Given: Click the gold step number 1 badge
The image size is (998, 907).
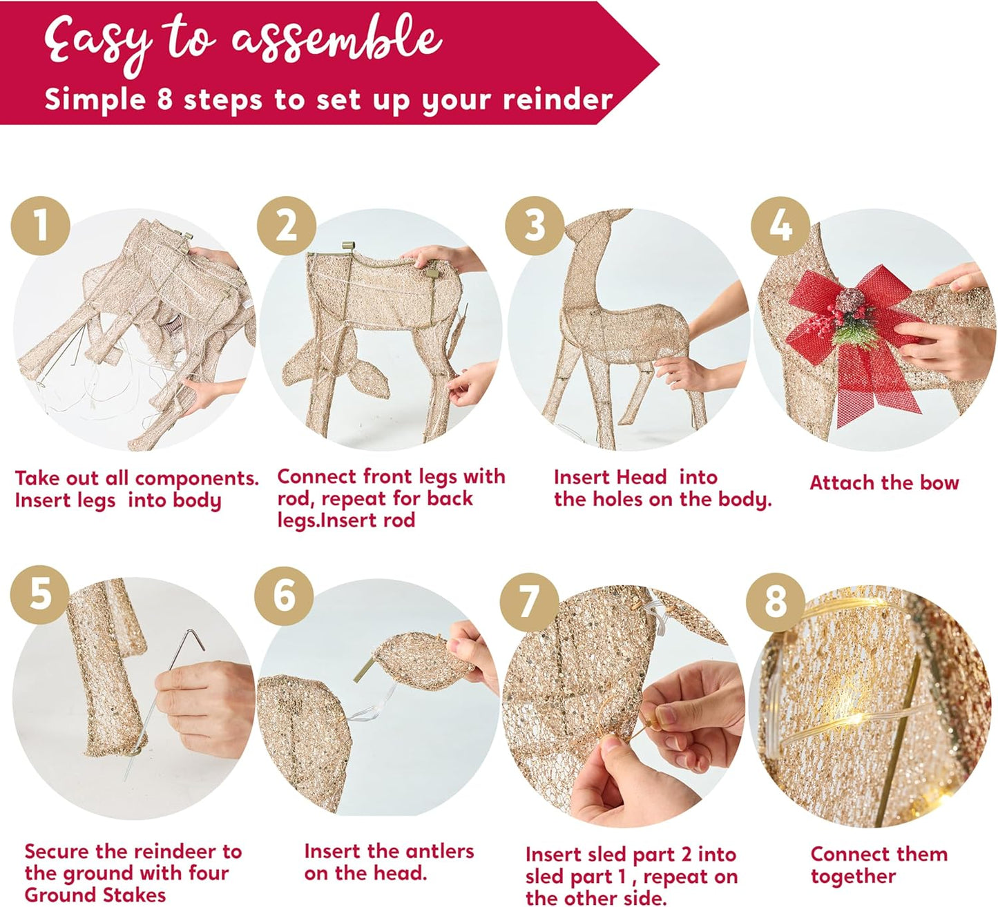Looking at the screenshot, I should pos(41,225).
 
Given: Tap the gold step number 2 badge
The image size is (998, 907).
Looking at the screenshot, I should pos(287,225).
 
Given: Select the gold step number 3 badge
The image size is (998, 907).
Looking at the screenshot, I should pos(534,225).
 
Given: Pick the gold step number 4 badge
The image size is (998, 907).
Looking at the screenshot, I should pos(780,225).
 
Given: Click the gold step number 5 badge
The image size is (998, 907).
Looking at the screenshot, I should pos(40,594).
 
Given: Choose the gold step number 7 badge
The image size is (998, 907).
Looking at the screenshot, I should pos(529,600).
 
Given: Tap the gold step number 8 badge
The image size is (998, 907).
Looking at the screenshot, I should pos(775,600).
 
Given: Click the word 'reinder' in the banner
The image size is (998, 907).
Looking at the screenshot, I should pos(557,100).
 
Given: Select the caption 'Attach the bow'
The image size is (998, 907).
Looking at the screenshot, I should pos(884,482).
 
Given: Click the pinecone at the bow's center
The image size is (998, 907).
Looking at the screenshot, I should pos(850,302).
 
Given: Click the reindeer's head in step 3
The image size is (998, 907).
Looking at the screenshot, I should pos(587,228).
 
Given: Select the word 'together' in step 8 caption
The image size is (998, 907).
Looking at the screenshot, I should pos(853,876).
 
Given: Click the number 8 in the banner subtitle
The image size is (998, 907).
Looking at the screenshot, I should pos(164,100).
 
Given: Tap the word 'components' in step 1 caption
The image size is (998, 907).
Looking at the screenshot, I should pos(195,478).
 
